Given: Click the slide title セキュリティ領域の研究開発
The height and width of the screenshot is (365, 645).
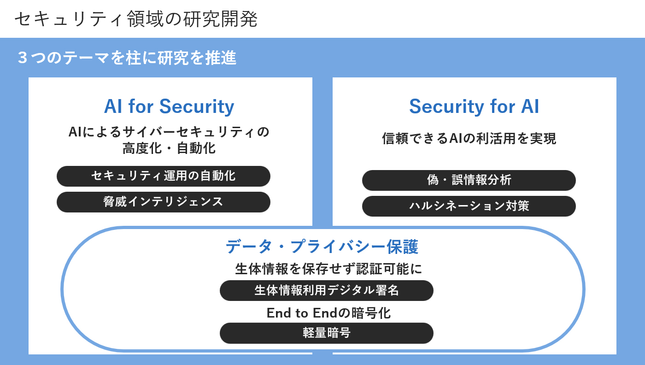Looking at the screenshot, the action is click(x=136, y=19).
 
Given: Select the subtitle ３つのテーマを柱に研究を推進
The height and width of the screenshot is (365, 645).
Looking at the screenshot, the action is click(x=127, y=58).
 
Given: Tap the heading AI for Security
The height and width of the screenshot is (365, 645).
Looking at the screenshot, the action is click(x=169, y=106).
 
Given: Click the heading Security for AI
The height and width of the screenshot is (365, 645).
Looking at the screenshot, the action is click(x=474, y=106).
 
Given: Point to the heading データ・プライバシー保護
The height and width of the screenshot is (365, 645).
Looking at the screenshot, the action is click(x=322, y=247).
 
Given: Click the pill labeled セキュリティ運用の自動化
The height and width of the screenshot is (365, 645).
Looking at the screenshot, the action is click(x=163, y=176).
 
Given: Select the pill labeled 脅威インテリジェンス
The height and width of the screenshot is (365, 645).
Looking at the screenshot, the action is click(x=163, y=202).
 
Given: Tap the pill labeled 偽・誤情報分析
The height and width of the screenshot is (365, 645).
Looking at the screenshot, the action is click(x=469, y=180).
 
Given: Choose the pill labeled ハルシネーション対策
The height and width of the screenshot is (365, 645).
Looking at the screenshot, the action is click(x=469, y=206).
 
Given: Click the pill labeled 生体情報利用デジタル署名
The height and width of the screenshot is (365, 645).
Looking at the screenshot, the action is click(x=327, y=290).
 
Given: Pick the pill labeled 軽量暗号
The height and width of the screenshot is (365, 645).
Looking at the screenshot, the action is click(x=327, y=333).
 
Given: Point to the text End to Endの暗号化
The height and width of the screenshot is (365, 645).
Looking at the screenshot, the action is click(x=328, y=313).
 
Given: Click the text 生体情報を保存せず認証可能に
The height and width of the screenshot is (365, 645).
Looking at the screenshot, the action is click(x=328, y=269).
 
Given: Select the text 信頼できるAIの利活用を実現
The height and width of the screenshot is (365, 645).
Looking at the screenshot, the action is click(x=469, y=138).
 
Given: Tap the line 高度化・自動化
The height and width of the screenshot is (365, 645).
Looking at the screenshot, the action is click(x=169, y=148).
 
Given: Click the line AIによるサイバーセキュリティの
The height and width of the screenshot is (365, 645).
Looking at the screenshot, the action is click(x=169, y=132).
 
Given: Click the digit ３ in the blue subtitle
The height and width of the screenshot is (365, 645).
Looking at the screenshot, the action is click(x=23, y=58).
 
